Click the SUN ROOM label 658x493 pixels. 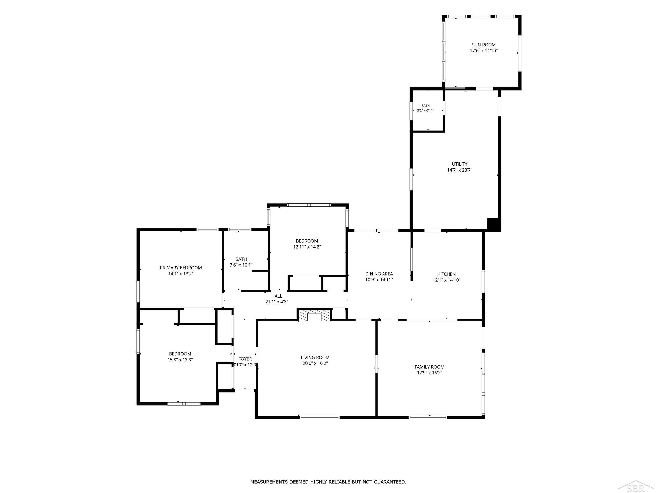point(483,45)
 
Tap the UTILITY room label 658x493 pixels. point(460,164)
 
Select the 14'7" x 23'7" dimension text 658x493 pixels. point(460,170)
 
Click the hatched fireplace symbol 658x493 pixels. point(314,315)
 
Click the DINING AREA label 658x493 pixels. point(379,274)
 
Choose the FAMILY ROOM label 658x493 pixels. point(429,367)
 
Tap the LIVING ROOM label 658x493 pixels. point(315,358)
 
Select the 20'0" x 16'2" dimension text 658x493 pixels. point(315,363)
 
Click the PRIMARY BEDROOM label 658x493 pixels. point(181,268)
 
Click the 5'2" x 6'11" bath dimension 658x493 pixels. point(425,111)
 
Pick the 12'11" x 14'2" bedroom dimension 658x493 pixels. point(307,247)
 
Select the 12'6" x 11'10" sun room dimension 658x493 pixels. point(484,51)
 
